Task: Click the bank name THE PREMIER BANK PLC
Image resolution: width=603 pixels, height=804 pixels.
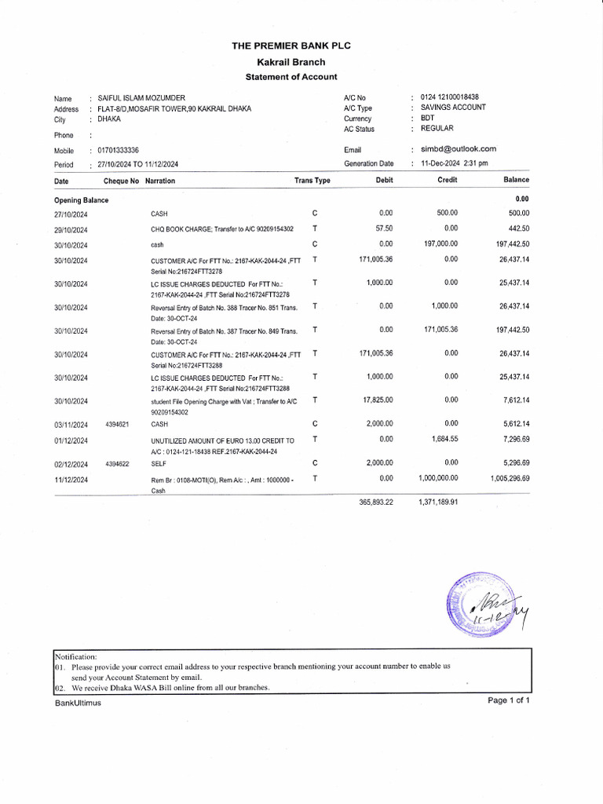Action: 291,46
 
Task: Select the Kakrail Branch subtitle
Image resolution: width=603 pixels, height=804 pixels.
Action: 291,61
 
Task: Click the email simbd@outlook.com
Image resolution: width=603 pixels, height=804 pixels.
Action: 459,148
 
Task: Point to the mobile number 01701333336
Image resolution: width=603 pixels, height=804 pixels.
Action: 119,150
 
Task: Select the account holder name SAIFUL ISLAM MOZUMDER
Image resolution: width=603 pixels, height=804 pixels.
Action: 141,98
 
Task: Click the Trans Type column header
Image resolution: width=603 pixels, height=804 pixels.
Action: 312,181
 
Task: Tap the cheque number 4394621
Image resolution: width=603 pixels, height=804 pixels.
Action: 117,424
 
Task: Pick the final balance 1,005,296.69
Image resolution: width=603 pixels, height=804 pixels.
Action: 510,478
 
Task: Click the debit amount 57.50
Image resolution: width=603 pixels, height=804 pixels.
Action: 385,228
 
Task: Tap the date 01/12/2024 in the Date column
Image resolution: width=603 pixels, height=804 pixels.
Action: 71,440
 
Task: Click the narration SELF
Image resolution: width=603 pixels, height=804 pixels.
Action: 159,463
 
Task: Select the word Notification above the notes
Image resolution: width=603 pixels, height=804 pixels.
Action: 75,656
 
